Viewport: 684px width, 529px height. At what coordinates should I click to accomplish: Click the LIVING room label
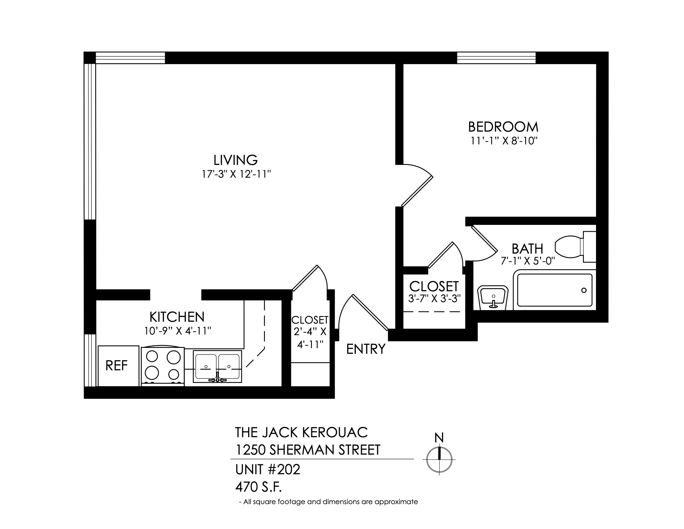[x=236, y=160]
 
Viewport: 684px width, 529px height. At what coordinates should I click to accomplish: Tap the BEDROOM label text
[x=503, y=127]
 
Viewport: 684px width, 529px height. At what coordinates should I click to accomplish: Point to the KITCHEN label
[x=177, y=317]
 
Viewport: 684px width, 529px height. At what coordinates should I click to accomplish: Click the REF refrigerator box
[x=118, y=366]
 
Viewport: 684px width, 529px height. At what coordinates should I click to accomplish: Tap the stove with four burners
[x=163, y=366]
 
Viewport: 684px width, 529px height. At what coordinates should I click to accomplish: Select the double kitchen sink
[x=217, y=366]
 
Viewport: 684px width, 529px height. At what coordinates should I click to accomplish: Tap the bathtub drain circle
[x=584, y=290]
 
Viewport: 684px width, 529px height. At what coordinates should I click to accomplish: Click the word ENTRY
[x=366, y=349]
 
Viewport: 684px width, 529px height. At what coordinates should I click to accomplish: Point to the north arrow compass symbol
[x=439, y=459]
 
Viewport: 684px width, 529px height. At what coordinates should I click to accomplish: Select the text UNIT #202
[x=268, y=470]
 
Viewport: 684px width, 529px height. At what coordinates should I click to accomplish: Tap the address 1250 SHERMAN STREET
[x=308, y=450]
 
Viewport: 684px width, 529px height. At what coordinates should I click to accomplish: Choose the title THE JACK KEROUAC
[x=301, y=433]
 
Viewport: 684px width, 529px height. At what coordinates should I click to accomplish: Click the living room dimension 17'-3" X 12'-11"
[x=236, y=174]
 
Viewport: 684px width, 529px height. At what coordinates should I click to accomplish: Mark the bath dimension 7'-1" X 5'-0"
[x=528, y=261]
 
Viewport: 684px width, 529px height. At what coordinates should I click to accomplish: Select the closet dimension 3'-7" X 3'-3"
[x=434, y=298]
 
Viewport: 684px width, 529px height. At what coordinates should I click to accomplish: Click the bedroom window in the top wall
[x=497, y=58]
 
